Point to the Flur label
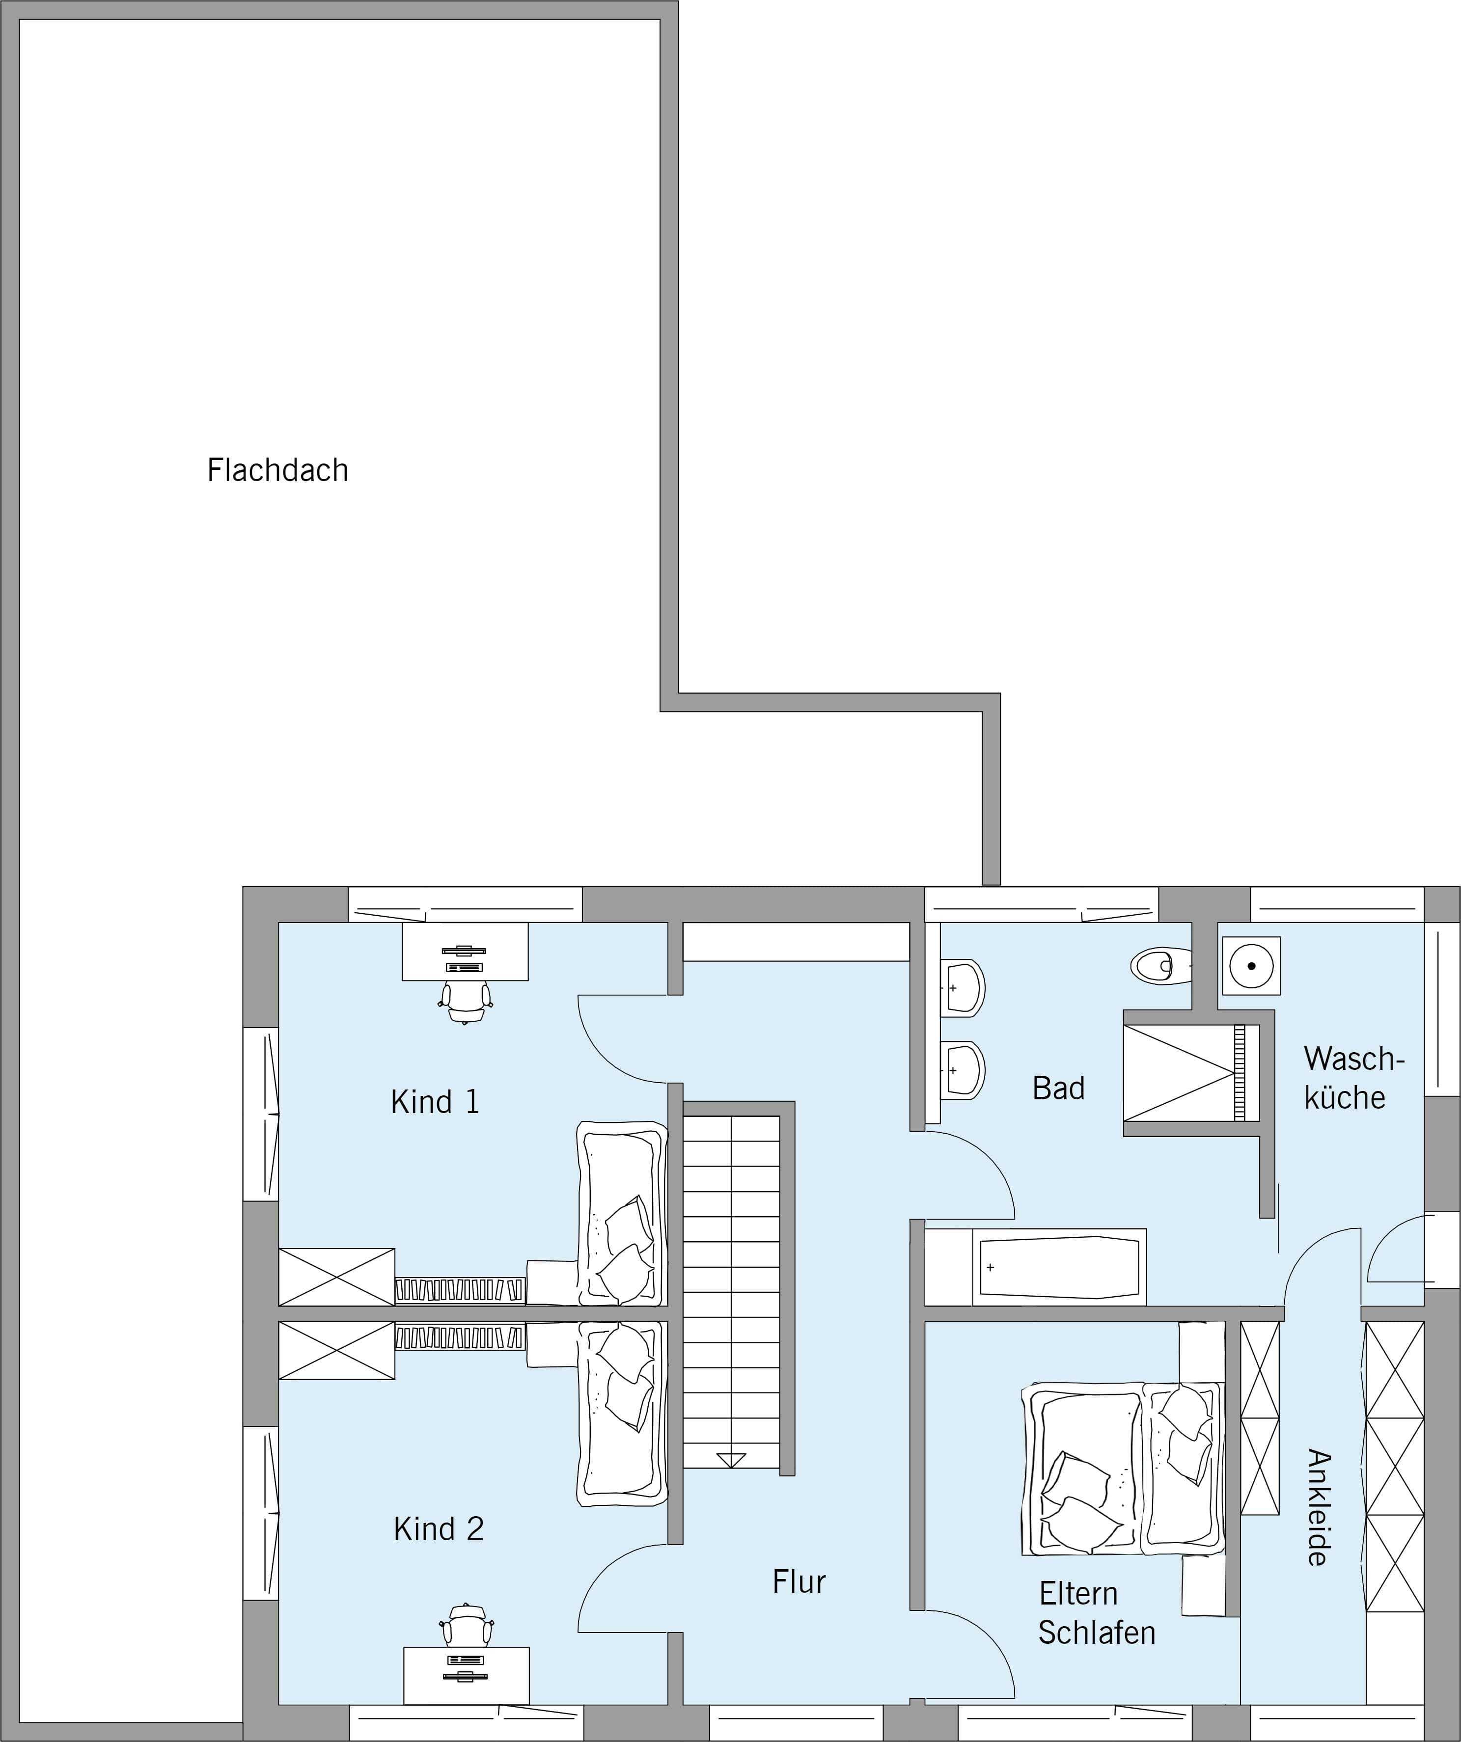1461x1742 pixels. point(799,1582)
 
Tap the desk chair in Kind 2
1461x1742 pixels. point(466,1624)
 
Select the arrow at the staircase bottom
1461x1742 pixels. point(730,1461)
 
